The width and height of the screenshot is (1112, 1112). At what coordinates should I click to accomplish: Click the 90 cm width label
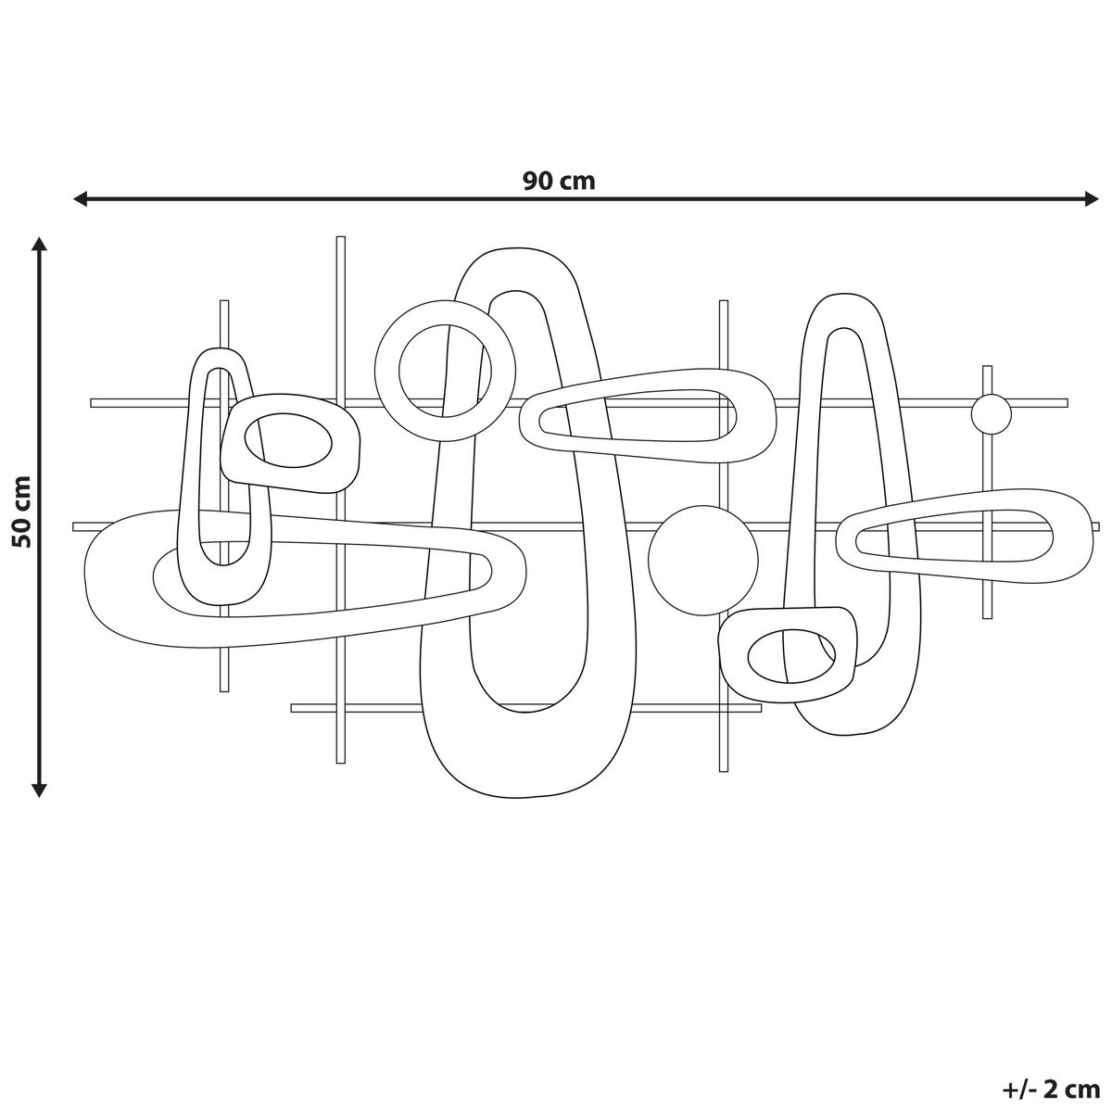pyautogui.click(x=558, y=180)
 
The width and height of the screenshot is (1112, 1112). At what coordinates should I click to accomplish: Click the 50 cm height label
pyautogui.click(x=21, y=512)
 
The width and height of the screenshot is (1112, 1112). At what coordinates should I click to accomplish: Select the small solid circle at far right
pyautogui.click(x=991, y=413)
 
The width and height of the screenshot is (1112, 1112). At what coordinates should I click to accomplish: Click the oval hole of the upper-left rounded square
pyautogui.click(x=287, y=436)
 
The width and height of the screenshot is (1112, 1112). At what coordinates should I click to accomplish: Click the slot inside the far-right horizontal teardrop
pyautogui.click(x=954, y=536)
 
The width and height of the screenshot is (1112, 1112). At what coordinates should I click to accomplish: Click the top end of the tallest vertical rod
pyautogui.click(x=340, y=241)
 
